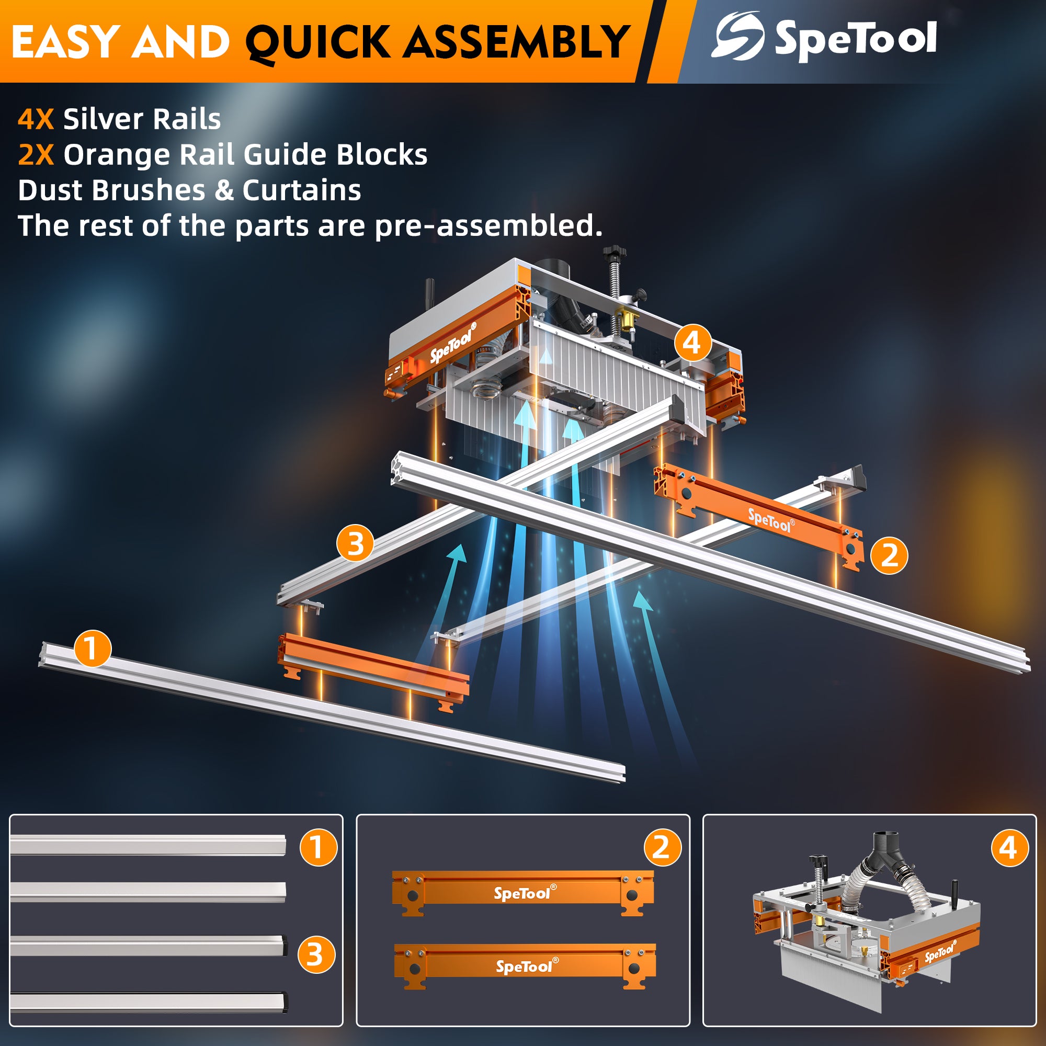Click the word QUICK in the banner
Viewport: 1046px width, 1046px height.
(x=317, y=42)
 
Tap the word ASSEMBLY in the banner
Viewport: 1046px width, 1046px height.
(x=517, y=42)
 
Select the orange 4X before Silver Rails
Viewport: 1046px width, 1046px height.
(x=36, y=119)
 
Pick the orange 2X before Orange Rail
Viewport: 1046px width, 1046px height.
(x=36, y=155)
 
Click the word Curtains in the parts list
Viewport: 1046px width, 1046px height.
(x=302, y=190)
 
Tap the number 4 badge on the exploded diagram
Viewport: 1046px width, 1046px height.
(x=692, y=343)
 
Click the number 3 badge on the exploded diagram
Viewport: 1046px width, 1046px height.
(x=355, y=543)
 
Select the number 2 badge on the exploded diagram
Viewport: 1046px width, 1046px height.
(x=889, y=555)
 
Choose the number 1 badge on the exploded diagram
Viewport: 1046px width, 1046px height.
(x=92, y=649)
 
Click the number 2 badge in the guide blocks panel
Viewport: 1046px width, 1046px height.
(x=662, y=847)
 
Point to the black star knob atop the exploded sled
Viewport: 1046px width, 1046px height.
(x=615, y=252)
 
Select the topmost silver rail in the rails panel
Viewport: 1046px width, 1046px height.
(x=147, y=845)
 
